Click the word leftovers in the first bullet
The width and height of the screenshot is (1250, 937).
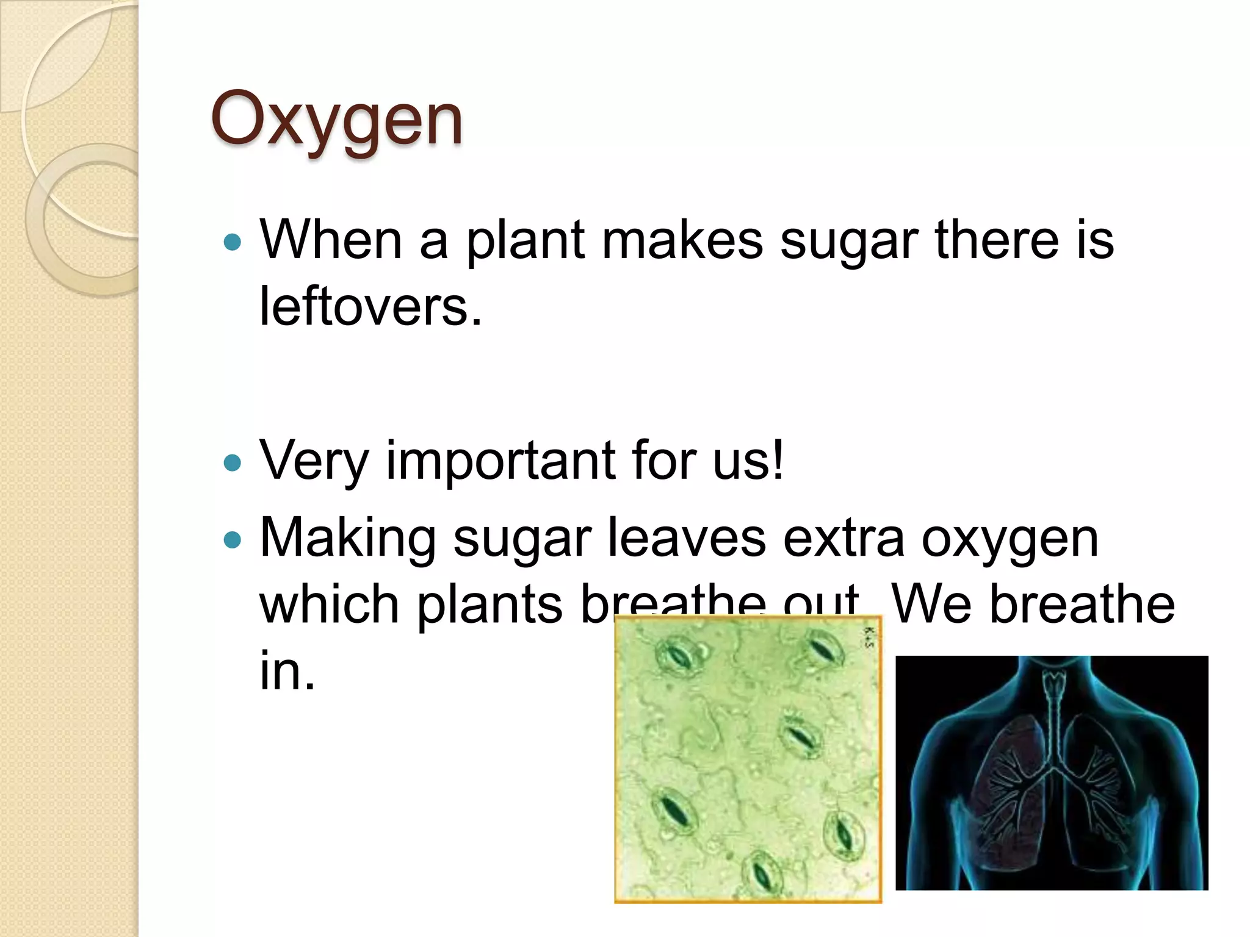(x=370, y=306)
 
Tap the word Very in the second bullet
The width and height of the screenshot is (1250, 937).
(x=314, y=461)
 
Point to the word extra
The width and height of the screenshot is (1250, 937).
(x=843, y=538)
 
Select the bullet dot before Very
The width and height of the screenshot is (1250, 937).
(x=233, y=463)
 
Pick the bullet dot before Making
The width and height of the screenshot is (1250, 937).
(x=233, y=540)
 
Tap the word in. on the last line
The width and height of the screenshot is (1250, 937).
(x=287, y=670)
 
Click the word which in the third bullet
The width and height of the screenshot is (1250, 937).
(x=330, y=604)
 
